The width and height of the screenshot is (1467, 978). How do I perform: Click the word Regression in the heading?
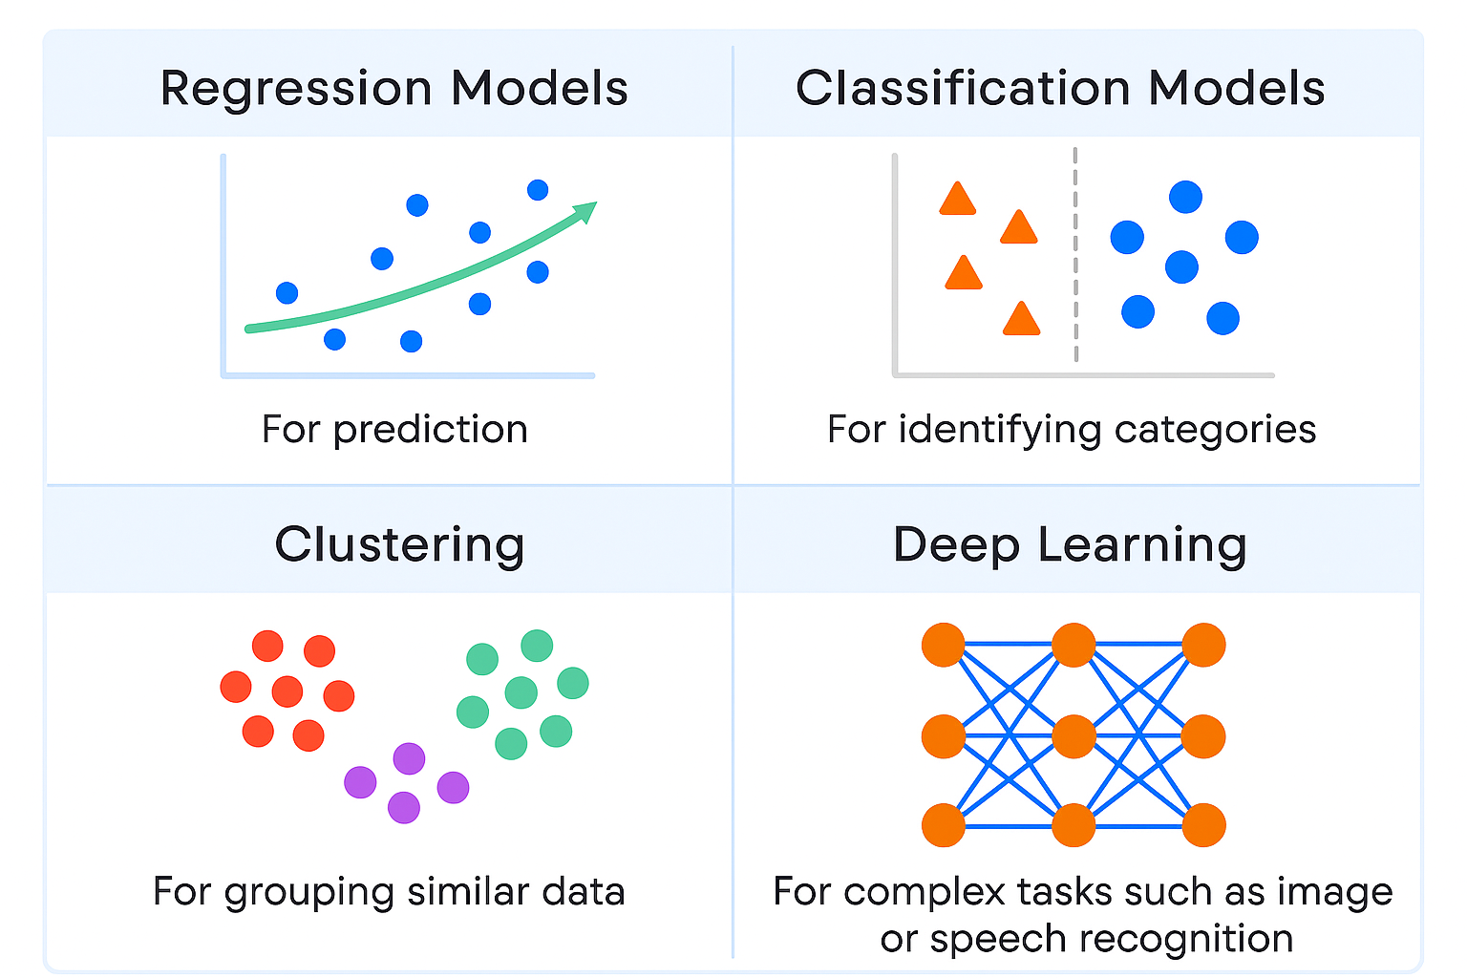click(296, 89)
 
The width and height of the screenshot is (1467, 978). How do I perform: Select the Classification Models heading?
click(1060, 89)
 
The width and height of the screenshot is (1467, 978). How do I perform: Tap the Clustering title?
click(399, 545)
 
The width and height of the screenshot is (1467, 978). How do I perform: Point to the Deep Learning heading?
click(1070, 545)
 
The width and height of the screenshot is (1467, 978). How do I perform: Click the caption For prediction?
click(394, 430)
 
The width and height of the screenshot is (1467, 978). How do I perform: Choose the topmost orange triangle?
click(957, 200)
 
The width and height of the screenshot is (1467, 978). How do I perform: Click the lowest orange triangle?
click(1021, 320)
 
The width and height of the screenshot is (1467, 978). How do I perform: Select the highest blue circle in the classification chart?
click(1185, 197)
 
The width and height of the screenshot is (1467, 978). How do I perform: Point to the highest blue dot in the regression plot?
click(538, 190)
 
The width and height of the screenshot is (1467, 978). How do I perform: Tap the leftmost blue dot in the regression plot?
click(287, 293)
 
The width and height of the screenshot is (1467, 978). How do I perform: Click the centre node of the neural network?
click(1074, 736)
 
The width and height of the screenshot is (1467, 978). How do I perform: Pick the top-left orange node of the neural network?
click(944, 645)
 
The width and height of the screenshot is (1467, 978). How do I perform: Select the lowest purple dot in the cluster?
click(404, 808)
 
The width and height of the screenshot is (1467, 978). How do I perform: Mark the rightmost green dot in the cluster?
click(573, 683)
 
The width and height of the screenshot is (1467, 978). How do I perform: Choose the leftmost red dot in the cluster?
click(236, 687)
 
